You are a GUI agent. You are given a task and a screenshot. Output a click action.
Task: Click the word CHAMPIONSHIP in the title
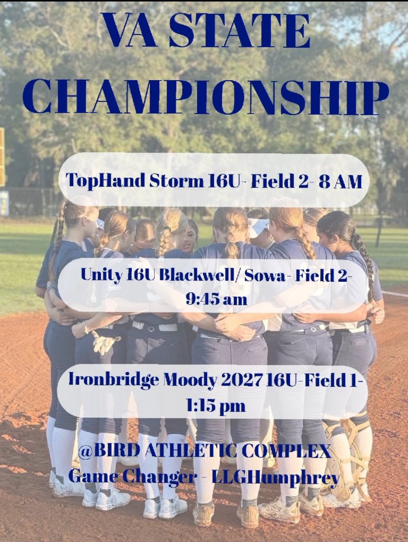206,96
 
